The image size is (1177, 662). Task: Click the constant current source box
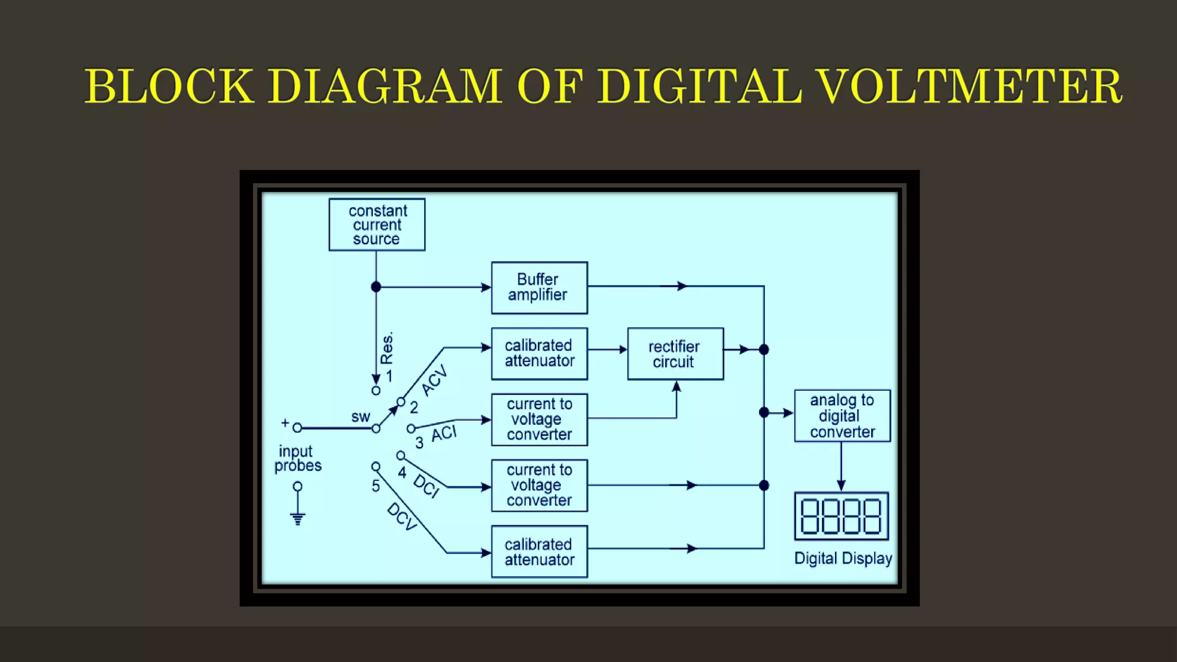[x=377, y=225]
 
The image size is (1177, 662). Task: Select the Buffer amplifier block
[x=539, y=287]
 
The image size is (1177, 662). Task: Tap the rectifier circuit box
[x=675, y=354]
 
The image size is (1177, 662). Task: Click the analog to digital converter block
[x=842, y=416]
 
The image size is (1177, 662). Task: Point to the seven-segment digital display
[x=841, y=516]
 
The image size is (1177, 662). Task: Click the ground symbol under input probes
[x=297, y=518]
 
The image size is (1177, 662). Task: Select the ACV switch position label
[x=434, y=380]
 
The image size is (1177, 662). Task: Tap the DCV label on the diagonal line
[x=402, y=516]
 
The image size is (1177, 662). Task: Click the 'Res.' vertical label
[x=387, y=348]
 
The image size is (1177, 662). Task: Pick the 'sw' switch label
[x=360, y=417]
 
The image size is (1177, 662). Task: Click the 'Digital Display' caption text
[x=843, y=559]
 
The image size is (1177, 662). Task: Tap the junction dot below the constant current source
[x=376, y=287]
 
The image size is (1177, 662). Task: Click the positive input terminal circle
[x=297, y=428]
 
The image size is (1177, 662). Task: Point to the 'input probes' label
[x=298, y=459]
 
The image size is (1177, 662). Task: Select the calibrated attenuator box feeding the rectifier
[x=539, y=353]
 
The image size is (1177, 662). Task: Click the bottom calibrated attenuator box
[x=539, y=552]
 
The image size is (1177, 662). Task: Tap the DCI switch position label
[x=426, y=486]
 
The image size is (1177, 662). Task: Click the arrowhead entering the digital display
[x=841, y=486]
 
